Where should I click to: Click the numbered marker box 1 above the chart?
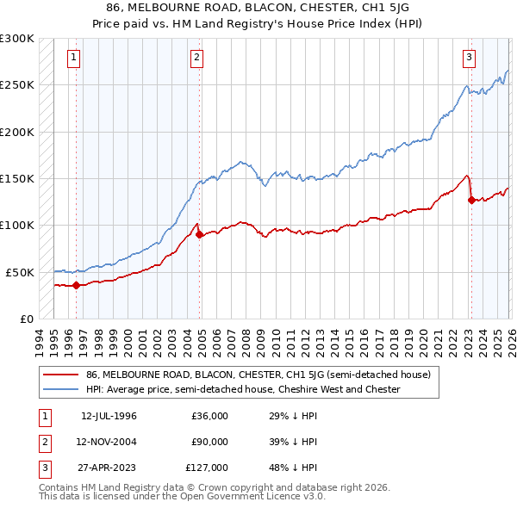[x=74, y=58]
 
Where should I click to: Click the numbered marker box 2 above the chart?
[x=197, y=58]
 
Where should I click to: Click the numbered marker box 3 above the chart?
[x=470, y=58]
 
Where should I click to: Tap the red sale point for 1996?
[x=77, y=285]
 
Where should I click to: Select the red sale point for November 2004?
[x=200, y=234]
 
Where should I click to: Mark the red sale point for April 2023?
[x=471, y=200]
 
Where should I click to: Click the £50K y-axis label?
[x=20, y=272]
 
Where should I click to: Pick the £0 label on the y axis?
[x=26, y=319]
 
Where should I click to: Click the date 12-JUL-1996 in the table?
[x=109, y=416]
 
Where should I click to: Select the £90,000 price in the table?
[x=209, y=442]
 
